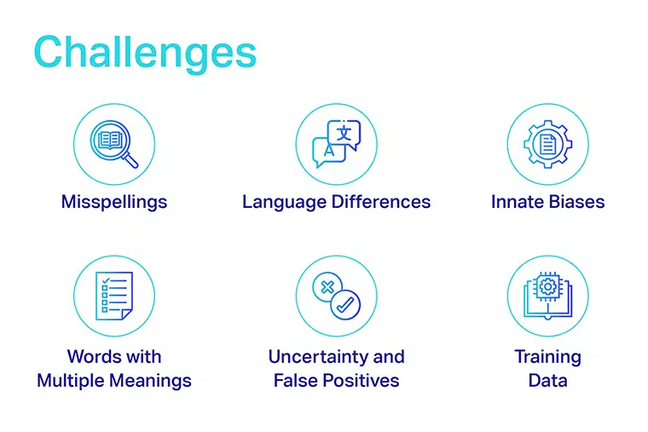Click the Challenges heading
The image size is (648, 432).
145,53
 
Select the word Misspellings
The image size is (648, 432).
114,202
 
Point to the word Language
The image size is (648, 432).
284,203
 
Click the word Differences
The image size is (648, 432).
381,202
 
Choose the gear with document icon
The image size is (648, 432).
547,144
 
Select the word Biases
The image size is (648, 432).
576,202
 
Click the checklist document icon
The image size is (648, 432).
114,296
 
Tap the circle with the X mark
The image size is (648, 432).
327,287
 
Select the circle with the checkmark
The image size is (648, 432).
345,305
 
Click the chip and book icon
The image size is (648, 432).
547,296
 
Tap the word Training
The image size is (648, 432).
547,357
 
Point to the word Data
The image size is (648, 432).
547,380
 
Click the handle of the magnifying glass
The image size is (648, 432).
131,160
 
